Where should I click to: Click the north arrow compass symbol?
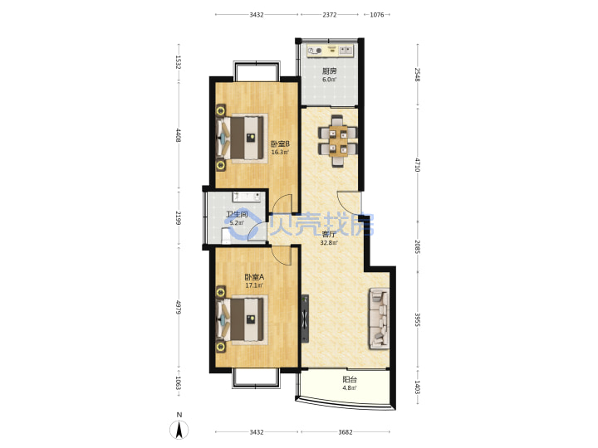point(179,430)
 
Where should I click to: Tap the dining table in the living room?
point(338,140)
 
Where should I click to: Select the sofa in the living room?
point(379,319)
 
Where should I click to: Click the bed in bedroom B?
point(240,138)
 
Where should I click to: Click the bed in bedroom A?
point(240,319)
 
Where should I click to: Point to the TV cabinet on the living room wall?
point(304,319)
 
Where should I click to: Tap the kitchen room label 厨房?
point(330,71)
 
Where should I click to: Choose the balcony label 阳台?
point(350,380)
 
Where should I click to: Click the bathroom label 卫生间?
point(237,214)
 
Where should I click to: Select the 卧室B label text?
point(280,144)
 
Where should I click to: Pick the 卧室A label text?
point(254,277)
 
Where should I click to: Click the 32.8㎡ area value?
point(329,242)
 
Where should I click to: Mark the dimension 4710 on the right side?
point(417,164)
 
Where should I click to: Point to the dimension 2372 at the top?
point(330,15)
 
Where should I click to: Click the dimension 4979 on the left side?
point(178,308)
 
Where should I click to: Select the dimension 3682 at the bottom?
point(346,432)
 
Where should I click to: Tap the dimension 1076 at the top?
point(377,15)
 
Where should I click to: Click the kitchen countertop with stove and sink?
point(331,51)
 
